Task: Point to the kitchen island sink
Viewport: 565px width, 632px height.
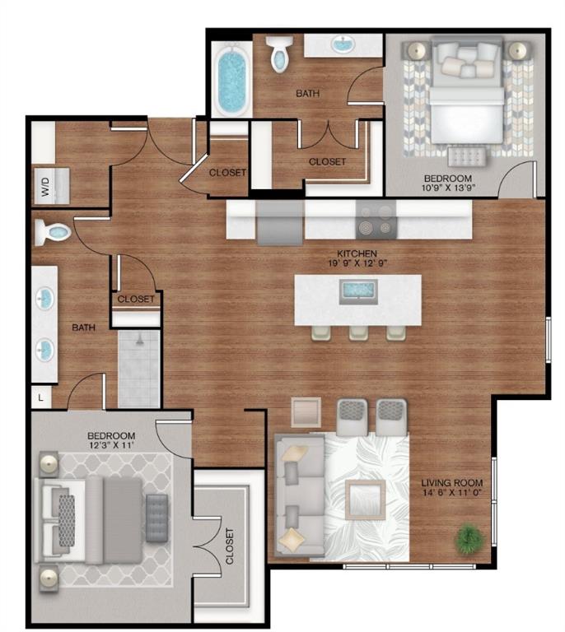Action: [357, 290]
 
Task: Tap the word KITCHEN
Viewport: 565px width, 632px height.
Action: [357, 253]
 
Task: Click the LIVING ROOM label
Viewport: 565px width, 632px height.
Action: [451, 483]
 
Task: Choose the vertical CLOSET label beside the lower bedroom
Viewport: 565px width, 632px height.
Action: [228, 545]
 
